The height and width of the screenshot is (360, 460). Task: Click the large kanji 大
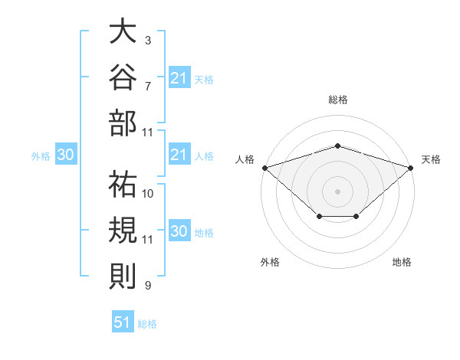(123, 31)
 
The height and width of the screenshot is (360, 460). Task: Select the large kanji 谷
(123, 77)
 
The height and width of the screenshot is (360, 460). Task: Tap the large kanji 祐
(123, 184)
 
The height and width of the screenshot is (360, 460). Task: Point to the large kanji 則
(123, 276)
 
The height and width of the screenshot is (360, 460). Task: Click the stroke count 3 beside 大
(148, 41)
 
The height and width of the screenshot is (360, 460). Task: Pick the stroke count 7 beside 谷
(148, 87)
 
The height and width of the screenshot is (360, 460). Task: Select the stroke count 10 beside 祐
(147, 194)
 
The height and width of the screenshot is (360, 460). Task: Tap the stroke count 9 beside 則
(148, 285)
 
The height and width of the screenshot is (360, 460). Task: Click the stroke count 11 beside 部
(147, 133)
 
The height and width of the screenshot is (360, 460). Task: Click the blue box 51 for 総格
(123, 321)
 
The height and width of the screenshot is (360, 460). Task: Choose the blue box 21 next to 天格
(179, 77)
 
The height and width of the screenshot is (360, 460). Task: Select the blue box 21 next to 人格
(179, 154)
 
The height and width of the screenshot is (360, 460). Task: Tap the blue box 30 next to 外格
(66, 154)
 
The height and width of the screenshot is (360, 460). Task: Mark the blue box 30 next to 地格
(179, 230)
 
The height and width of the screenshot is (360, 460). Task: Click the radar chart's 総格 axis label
(338, 100)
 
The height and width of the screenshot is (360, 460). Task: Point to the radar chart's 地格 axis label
(402, 262)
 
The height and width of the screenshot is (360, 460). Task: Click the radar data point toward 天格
(411, 168)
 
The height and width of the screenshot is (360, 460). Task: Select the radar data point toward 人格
(265, 168)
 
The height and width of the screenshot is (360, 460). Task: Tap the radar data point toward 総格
(338, 146)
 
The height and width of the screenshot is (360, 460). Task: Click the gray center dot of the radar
(337, 191)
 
